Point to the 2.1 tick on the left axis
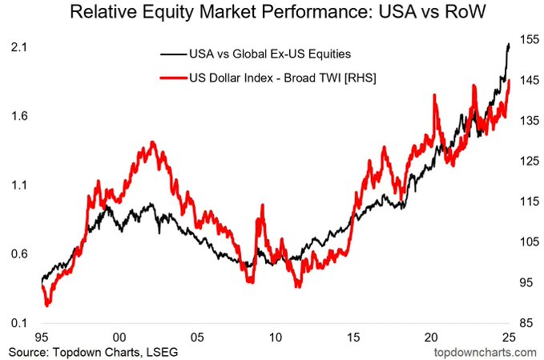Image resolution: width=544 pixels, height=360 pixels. [20, 47]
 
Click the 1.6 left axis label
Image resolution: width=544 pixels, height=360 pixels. [20, 115]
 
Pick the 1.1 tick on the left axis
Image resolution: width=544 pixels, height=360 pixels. [20, 184]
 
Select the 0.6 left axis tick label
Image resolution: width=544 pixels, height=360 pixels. [20, 253]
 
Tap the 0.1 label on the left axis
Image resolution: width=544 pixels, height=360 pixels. [20, 322]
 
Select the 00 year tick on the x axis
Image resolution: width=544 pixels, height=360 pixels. [119, 337]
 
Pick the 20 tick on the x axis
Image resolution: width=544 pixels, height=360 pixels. [431, 337]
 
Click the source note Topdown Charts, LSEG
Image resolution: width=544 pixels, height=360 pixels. [93, 351]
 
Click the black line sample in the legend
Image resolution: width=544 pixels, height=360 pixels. [172, 54]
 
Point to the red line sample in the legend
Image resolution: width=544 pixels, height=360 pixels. [172, 79]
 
